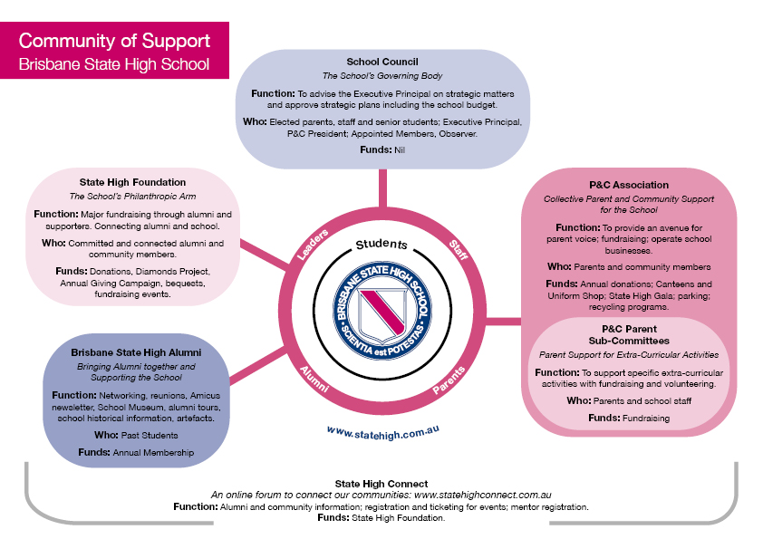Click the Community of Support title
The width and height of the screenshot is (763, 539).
(x=114, y=41)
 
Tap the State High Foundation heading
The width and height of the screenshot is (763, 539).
(x=133, y=182)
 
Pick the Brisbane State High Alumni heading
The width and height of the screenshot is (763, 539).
(x=135, y=351)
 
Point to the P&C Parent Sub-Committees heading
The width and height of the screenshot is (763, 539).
(x=629, y=334)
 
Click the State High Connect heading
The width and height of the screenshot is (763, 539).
(x=381, y=484)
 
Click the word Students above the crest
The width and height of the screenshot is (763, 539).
(x=381, y=245)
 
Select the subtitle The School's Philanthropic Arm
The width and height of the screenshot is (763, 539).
(x=133, y=197)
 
